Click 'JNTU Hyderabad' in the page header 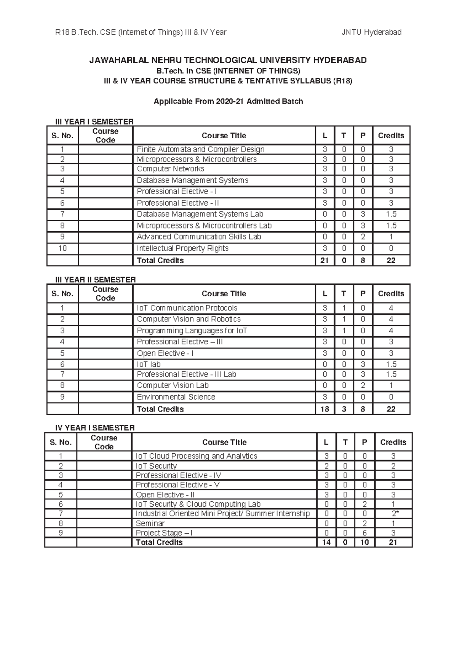371,32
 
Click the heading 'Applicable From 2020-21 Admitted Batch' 228,101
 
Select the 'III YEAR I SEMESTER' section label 94,122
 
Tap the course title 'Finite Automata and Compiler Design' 200,149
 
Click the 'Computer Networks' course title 170,169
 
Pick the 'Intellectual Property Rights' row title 182,248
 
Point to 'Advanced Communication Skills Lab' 199,237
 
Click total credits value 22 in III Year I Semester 391,261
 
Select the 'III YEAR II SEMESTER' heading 96,280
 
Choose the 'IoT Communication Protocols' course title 187,308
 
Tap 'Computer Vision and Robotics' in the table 189,319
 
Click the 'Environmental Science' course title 176,397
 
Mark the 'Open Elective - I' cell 165,353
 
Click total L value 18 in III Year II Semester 324,409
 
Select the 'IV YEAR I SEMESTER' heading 95,428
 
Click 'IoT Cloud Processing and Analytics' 197,456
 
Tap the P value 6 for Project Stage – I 364,533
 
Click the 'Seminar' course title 150,523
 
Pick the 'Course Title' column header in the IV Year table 224,442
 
